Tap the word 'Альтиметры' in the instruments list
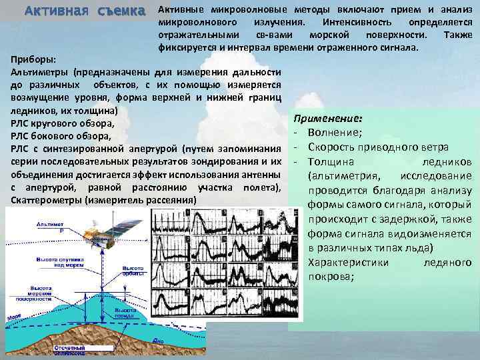tap(41, 71)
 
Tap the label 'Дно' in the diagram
tap(157, 340)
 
